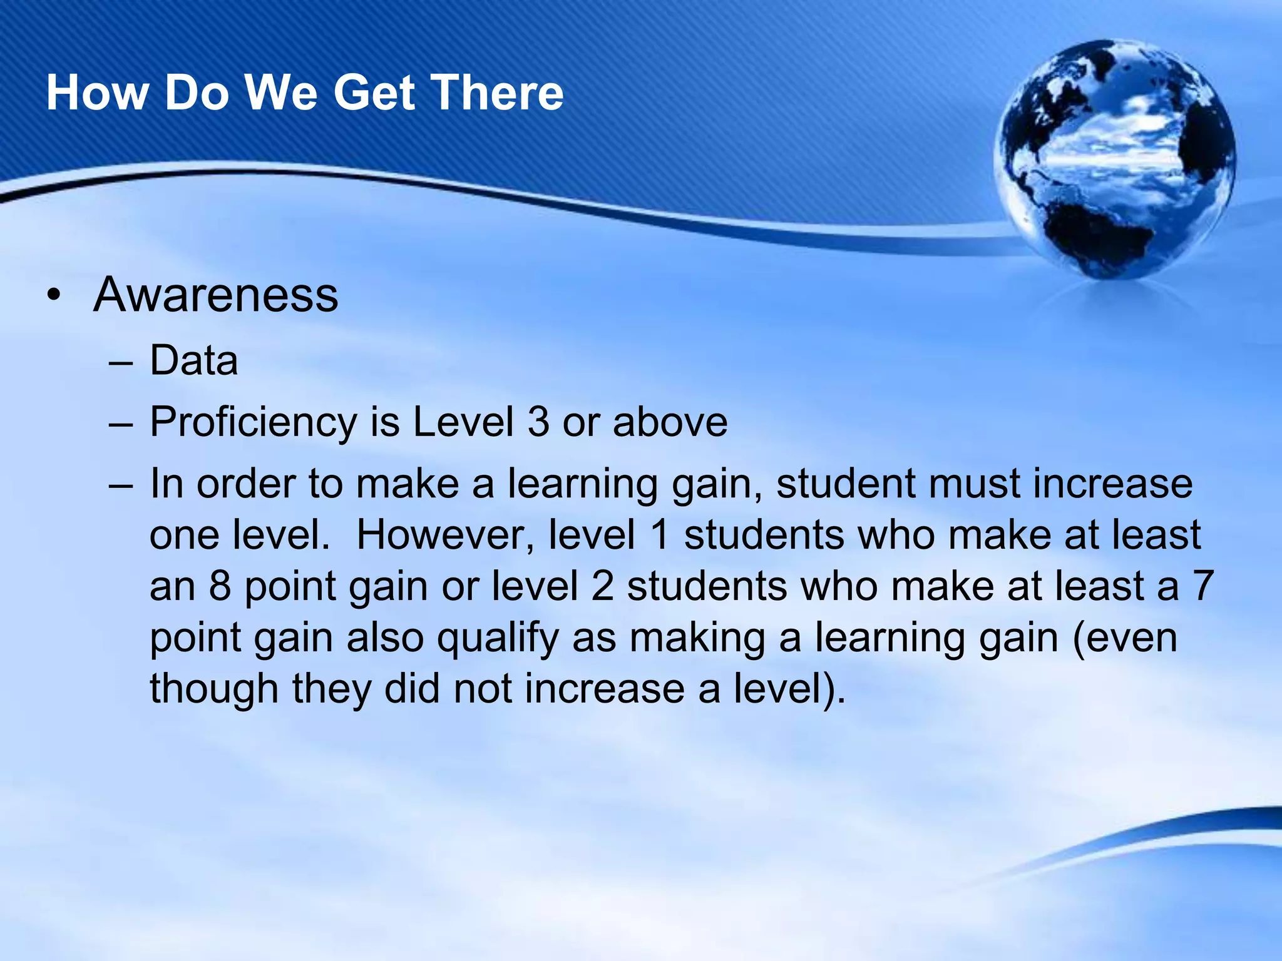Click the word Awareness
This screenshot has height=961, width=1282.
pos(215,295)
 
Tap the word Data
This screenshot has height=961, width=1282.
pos(194,361)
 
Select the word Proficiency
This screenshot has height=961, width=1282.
pos(253,422)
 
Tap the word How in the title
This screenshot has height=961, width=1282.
pos(98,93)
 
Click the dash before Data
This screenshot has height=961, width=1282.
pos(120,362)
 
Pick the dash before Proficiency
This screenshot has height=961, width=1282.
pos(120,424)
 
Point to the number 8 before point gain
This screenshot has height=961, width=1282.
pos(220,586)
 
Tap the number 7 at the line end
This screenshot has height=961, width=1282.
pos(1203,586)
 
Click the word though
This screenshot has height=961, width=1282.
pos(213,689)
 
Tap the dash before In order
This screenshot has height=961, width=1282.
pos(120,486)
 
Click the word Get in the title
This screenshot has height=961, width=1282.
pos(374,93)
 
